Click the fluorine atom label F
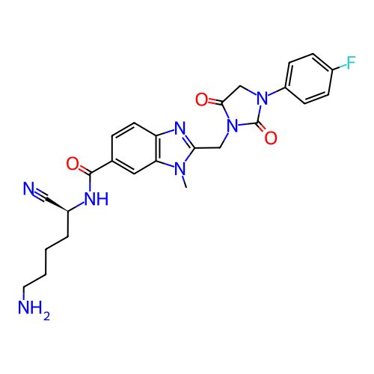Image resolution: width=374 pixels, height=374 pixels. pyautogui.click(x=351, y=63)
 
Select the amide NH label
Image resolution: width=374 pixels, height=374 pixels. pyautogui.click(x=96, y=199)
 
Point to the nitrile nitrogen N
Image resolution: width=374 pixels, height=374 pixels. pyautogui.click(x=29, y=188)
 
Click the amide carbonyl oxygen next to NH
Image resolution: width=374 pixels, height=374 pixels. pyautogui.click(x=73, y=164)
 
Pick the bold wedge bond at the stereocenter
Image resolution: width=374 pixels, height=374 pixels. pyautogui.click(x=56, y=205)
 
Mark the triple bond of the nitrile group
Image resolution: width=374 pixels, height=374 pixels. pyautogui.click(x=40, y=195)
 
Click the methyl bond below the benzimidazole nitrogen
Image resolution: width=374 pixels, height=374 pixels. pyautogui.click(x=185, y=182)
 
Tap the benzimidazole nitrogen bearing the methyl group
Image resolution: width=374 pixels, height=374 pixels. pyautogui.click(x=180, y=169)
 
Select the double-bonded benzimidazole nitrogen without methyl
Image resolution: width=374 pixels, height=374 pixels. pyautogui.click(x=180, y=129)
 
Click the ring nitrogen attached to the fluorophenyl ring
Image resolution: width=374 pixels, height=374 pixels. pyautogui.click(x=263, y=98)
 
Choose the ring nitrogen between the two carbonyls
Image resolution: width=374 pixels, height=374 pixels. pyautogui.click(x=232, y=126)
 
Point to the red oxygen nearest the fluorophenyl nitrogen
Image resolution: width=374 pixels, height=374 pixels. pyautogui.click(x=271, y=138)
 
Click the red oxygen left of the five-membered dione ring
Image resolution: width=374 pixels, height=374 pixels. pyautogui.click(x=201, y=99)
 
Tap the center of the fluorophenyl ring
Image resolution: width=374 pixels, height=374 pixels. pyautogui.click(x=309, y=79)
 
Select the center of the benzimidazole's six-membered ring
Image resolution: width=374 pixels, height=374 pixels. pyautogui.click(x=135, y=148)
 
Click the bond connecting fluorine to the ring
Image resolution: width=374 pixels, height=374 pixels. pyautogui.click(x=340, y=67)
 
